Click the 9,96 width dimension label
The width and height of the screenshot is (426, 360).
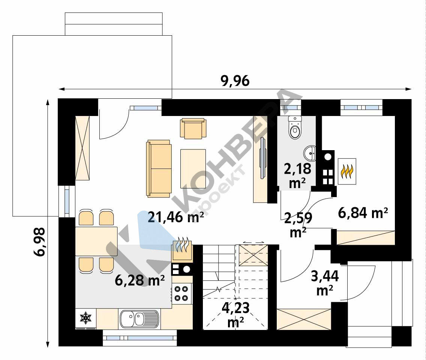[235, 81]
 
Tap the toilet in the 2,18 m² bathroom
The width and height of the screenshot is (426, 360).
[295, 127]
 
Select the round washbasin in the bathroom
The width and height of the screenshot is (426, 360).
[310, 154]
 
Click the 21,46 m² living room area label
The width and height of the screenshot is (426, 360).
[176, 217]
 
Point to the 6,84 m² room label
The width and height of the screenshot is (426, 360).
[363, 213]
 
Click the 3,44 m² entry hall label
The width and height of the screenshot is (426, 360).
[325, 283]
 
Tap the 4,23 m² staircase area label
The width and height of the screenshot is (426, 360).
[235, 315]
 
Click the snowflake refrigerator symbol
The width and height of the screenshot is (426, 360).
[85, 318]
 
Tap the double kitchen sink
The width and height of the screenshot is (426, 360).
[139, 319]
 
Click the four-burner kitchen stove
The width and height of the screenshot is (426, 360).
[181, 294]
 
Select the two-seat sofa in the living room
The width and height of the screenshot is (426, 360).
[159, 169]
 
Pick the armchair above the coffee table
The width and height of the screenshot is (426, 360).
[193, 128]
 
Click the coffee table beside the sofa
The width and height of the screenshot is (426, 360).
[193, 169]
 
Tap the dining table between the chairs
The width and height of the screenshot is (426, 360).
[96, 241]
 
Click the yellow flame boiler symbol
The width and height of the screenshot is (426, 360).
[347, 172]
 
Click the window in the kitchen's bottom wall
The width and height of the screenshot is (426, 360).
[140, 338]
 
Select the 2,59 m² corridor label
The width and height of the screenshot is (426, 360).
[298, 225]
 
